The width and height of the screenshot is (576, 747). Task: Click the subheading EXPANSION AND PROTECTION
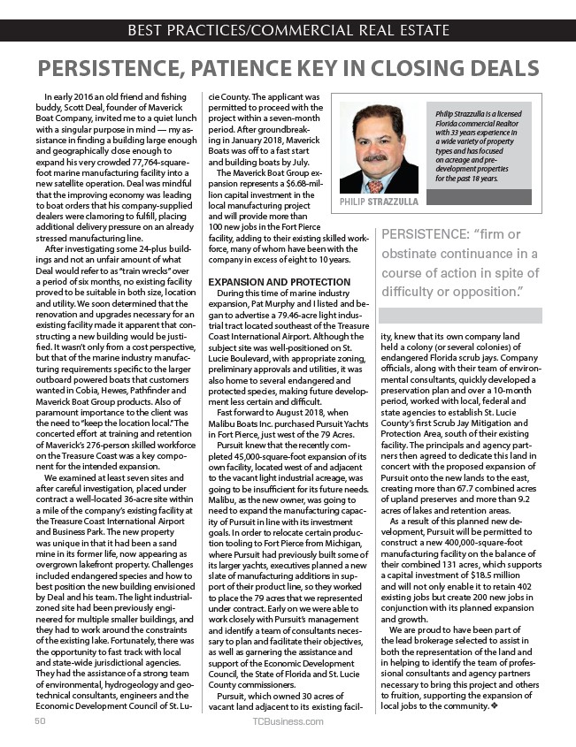(x=278, y=282)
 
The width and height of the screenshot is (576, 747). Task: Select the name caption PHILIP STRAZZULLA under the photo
(x=379, y=202)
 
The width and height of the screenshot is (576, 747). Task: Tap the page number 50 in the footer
(x=40, y=721)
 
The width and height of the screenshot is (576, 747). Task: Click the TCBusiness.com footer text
(x=287, y=721)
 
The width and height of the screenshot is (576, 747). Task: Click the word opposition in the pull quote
(x=472, y=290)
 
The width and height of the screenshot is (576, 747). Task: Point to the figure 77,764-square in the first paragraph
(x=148, y=151)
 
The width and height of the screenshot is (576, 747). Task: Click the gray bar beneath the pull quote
(x=471, y=316)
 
